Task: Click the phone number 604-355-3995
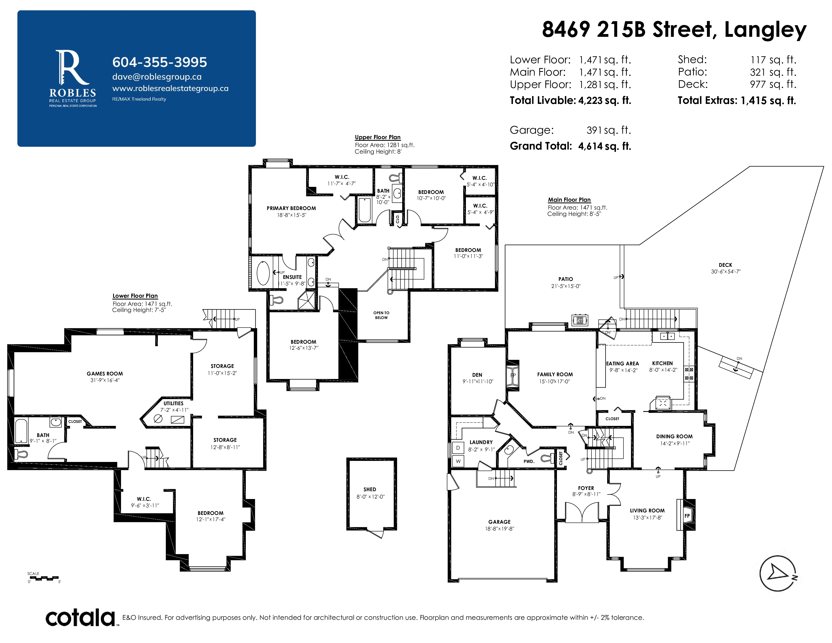160,62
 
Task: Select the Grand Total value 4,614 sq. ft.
605,146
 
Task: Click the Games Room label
105,374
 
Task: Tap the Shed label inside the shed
370,489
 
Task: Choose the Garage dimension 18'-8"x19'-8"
499,529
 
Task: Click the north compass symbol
778,573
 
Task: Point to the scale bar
44,578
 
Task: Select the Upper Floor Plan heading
377,137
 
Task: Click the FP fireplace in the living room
687,516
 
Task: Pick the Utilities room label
173,403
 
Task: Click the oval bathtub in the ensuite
263,273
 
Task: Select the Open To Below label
381,315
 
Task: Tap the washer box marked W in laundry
458,461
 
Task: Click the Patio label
566,279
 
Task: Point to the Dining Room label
674,436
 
